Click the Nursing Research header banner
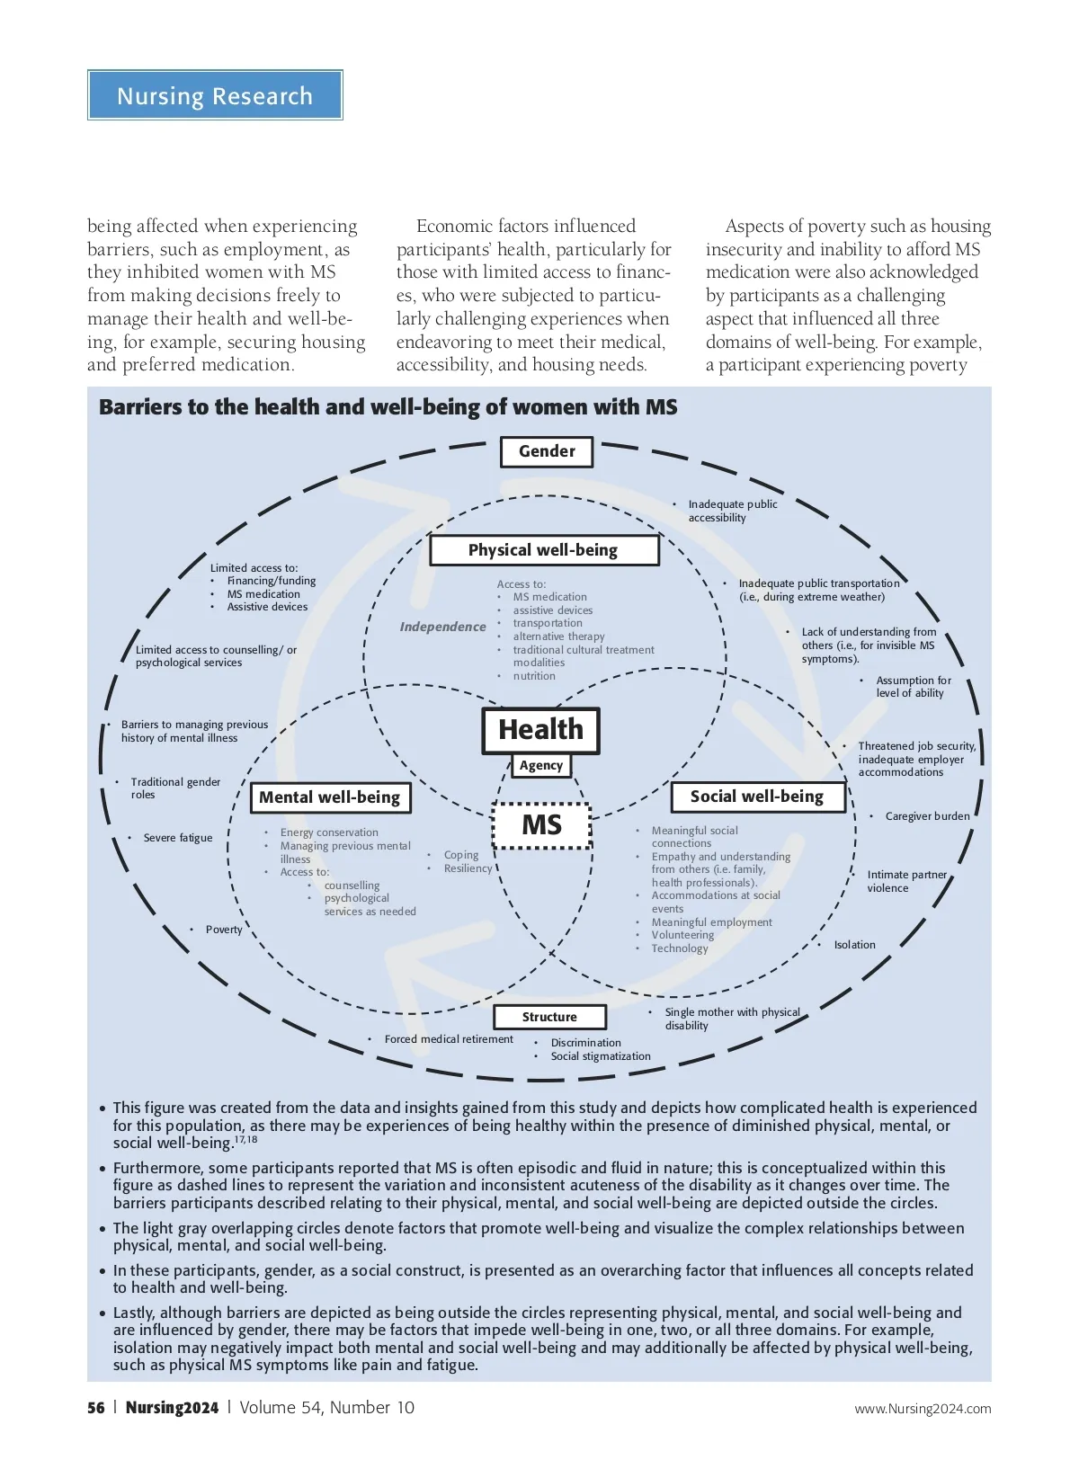tap(215, 95)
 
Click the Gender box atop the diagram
tap(547, 451)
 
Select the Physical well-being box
tap(544, 550)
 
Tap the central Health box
tap(540, 729)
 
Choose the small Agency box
tap(541, 765)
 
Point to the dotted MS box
tap(542, 824)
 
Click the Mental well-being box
tap(329, 797)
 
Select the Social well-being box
tap(757, 797)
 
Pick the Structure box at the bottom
tap(549, 1017)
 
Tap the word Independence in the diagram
tap(442, 627)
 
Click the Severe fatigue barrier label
tap(178, 838)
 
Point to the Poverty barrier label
tap(224, 930)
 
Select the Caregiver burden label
tap(927, 816)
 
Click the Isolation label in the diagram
tap(854, 945)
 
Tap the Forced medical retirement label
tap(449, 1039)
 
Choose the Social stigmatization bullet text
tap(601, 1056)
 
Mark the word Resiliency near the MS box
tap(468, 868)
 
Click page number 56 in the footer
tap(96, 1408)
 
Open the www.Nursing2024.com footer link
tap(923, 1409)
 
